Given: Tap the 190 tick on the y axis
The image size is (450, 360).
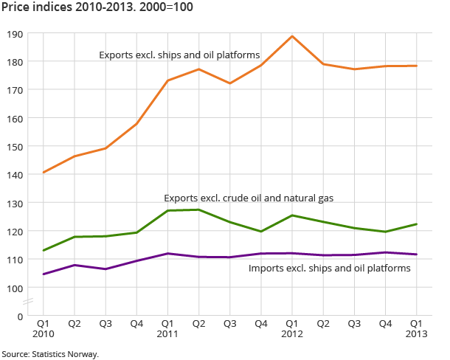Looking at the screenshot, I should point(15,34).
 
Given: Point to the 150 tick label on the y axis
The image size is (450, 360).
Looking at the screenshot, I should point(15,146).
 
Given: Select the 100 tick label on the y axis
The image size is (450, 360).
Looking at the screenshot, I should point(15,288).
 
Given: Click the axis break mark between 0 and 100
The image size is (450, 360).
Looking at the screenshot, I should point(29,302).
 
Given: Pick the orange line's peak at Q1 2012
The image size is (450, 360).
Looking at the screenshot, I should point(292,36).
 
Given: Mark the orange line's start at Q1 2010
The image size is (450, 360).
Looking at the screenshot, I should point(44,173).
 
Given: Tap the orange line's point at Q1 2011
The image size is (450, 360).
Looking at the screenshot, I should point(167,80).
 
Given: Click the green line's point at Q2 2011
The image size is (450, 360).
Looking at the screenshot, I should point(198,210).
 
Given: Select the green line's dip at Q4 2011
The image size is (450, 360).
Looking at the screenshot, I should point(261,232).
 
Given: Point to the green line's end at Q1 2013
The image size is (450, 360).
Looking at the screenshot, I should point(417,224).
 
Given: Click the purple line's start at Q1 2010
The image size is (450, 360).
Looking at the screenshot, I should point(44,274).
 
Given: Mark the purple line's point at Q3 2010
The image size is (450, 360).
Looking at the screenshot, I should point(105,269).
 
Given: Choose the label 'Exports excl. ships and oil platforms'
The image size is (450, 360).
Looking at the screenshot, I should point(179,55).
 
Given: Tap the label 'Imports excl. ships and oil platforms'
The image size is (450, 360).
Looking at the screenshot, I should point(330,268).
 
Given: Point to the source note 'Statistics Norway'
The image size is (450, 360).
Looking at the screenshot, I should point(49,354).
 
